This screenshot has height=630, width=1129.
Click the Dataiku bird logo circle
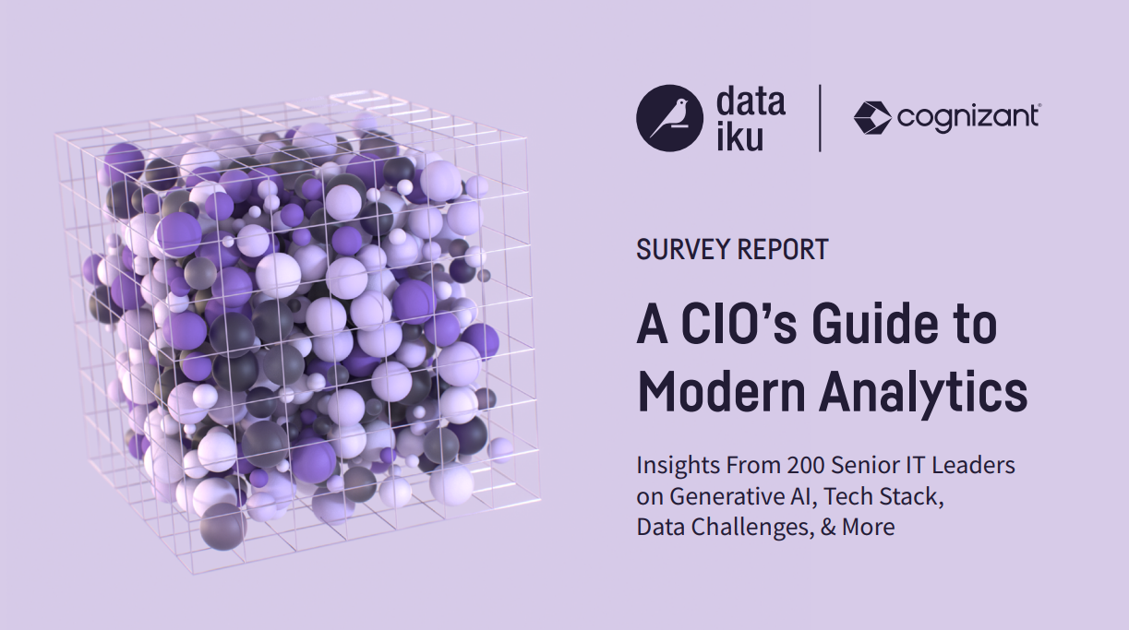click(x=670, y=117)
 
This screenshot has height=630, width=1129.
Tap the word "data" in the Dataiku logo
click(x=751, y=101)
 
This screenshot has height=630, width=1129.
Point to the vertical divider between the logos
click(x=820, y=117)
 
